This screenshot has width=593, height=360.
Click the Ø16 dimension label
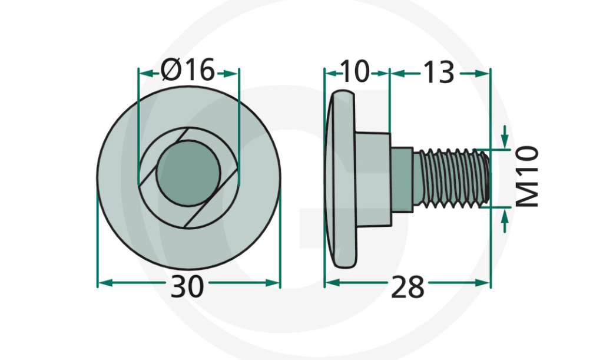click(x=188, y=71)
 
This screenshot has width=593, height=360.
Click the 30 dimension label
click(x=187, y=286)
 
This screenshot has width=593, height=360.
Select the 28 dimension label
click(x=407, y=287)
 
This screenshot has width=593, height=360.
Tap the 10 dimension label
click(x=355, y=72)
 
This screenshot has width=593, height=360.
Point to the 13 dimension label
click(x=438, y=72)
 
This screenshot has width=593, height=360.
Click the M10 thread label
click(x=528, y=177)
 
